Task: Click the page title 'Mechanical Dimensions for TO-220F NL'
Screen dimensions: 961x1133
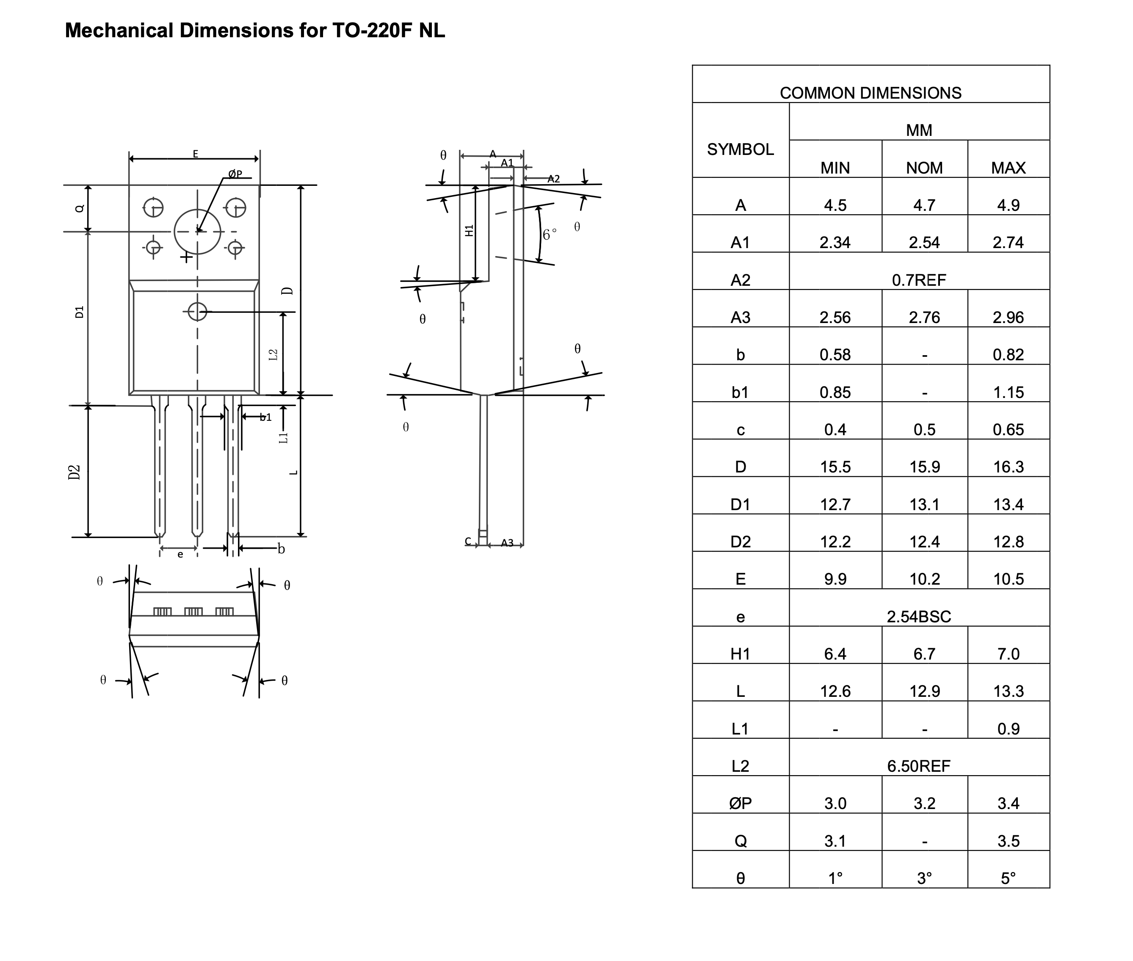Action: point(254,30)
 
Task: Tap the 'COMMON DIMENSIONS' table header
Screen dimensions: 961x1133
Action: point(870,93)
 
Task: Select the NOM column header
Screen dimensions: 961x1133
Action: point(924,168)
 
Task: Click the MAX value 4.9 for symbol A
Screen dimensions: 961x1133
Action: point(1008,205)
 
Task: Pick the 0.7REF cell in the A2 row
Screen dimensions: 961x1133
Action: point(918,280)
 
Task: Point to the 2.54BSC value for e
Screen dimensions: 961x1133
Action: point(918,617)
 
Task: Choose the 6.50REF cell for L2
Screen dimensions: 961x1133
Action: point(918,766)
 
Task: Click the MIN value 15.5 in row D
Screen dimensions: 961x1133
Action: point(835,467)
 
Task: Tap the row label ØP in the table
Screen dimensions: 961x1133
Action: point(740,804)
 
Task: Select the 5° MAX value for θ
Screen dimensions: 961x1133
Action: point(1008,878)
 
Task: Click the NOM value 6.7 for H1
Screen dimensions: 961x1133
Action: point(924,654)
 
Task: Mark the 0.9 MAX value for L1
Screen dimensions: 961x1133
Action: point(1008,729)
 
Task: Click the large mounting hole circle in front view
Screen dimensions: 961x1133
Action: point(197,232)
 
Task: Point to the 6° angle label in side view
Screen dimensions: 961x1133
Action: point(550,234)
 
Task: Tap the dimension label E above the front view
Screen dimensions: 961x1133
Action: point(196,154)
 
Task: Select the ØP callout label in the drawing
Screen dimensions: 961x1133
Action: point(235,174)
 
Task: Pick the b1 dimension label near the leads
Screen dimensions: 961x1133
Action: point(265,417)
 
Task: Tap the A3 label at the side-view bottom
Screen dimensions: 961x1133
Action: point(507,543)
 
